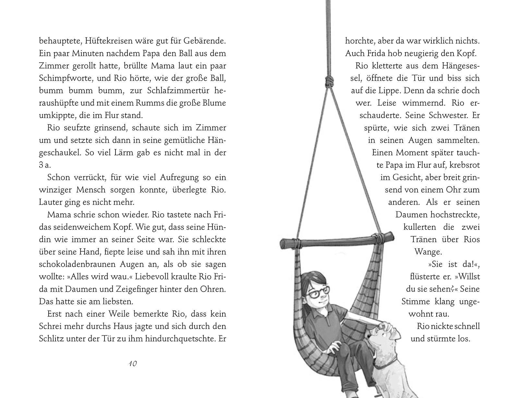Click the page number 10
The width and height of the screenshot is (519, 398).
pyautogui.click(x=133, y=363)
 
